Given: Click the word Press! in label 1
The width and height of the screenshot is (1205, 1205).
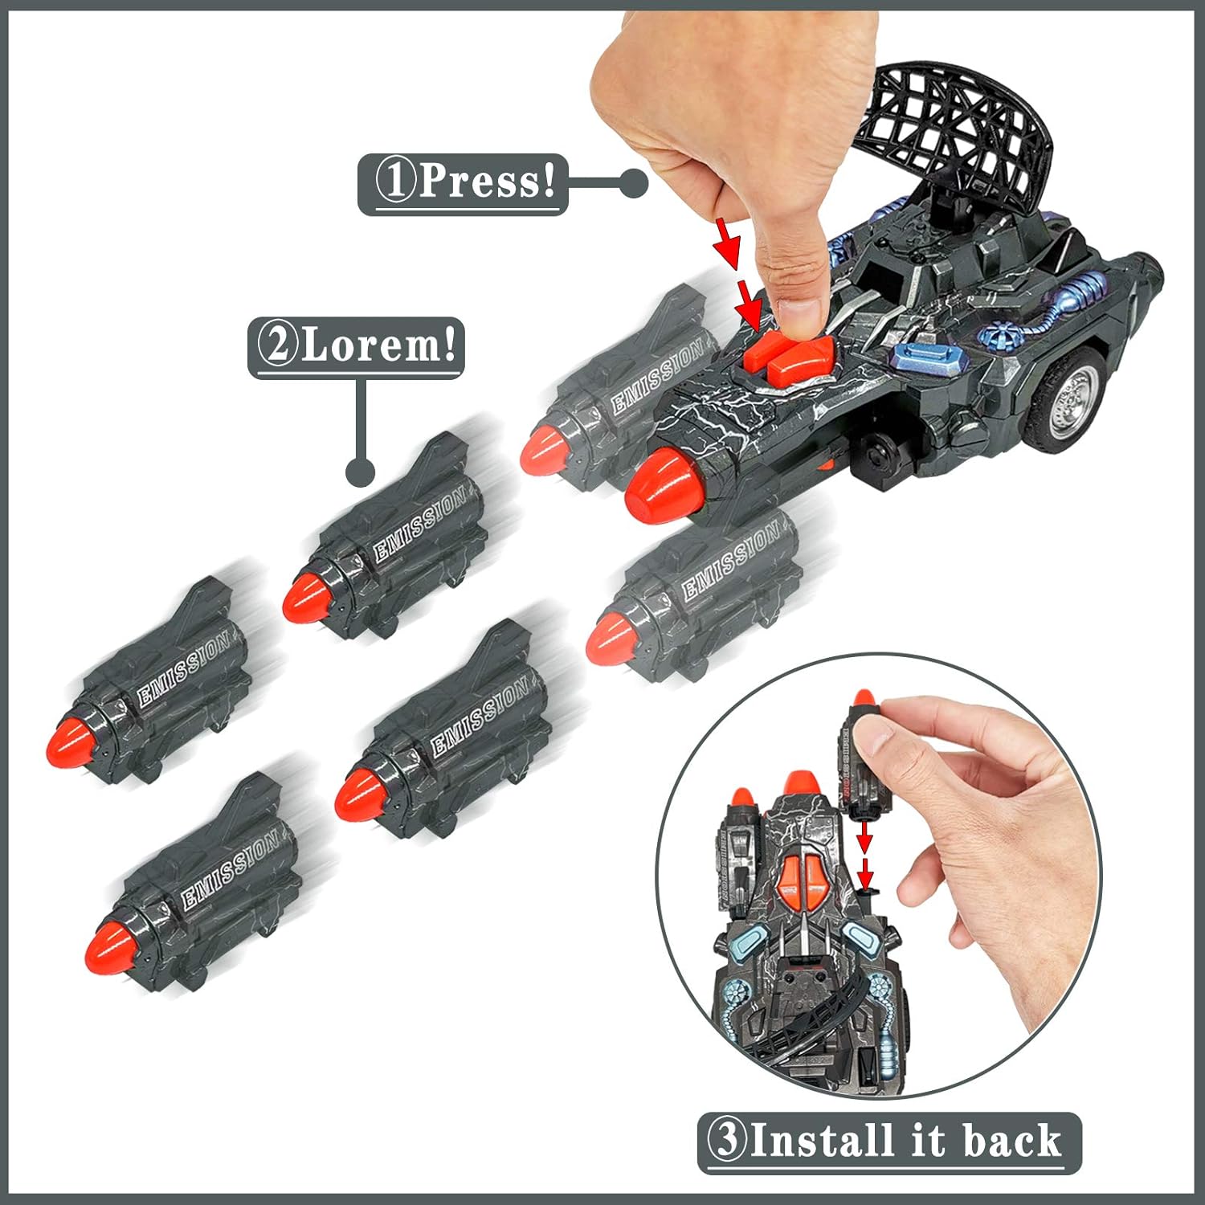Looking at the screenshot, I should coord(487,181).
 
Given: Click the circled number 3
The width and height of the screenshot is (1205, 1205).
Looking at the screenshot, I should coord(727,1141).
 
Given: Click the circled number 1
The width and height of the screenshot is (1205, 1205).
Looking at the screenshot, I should coord(395,182).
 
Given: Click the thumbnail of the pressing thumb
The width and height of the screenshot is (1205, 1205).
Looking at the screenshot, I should coord(799,308).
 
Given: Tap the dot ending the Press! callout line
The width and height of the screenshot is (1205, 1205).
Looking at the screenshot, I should coord(635,184).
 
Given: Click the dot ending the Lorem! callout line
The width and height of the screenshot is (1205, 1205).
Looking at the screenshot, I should coord(361,472).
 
